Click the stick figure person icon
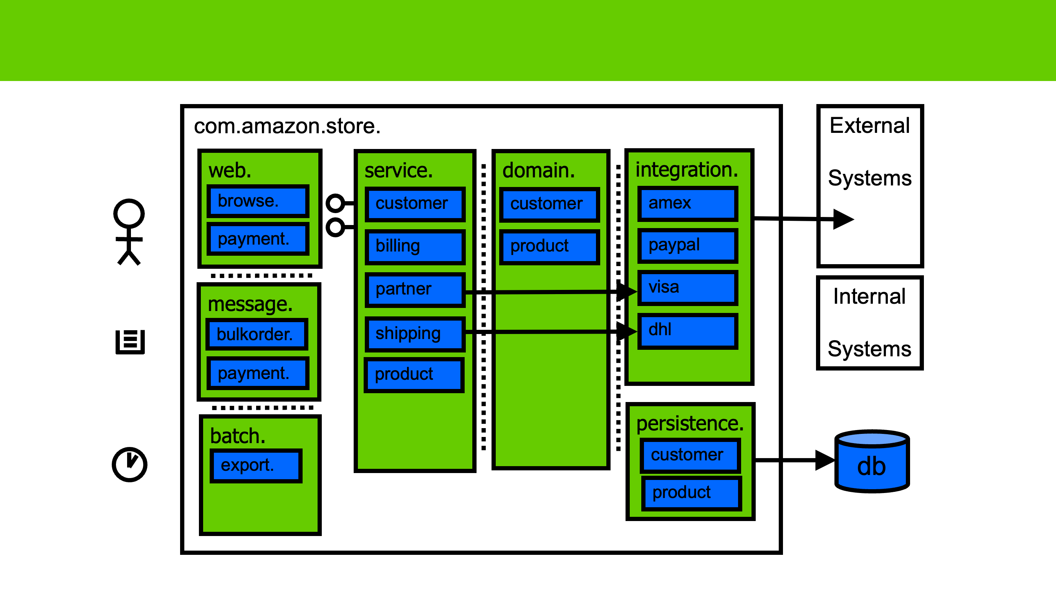129,232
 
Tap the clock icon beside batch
129,465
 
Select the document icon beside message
130,341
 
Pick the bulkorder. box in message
257,334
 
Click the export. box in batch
256,465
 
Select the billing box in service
415,247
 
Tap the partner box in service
415,290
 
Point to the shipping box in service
415,334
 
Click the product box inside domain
550,247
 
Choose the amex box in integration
687,204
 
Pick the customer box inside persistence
690,455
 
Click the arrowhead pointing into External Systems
843,219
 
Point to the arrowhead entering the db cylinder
824,460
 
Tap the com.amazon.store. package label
287,126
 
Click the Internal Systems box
869,323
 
